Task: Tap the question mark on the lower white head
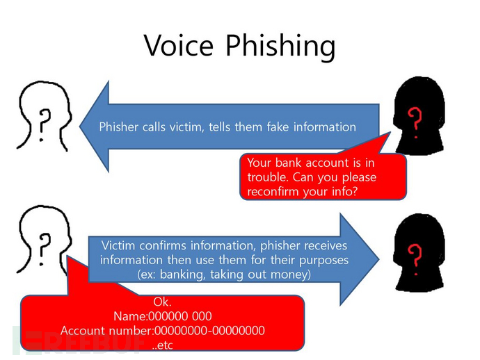coord(45,245)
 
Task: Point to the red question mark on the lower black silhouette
coord(416,253)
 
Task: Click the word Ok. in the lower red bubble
coord(161,302)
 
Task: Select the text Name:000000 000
coord(162,316)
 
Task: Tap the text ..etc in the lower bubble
coord(162,344)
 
